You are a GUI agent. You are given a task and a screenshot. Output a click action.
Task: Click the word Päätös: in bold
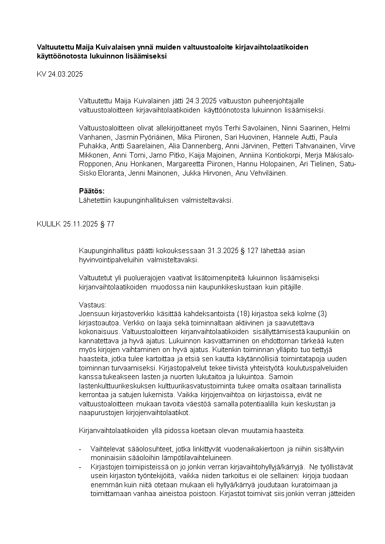[x=92, y=191]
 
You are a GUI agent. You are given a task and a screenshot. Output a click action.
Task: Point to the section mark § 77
[x=107, y=224]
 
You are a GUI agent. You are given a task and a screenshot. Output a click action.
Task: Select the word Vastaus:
[x=92, y=304]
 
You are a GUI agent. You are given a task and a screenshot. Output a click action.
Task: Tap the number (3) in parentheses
[x=300, y=314]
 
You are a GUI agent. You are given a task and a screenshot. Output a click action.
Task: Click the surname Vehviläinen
[x=270, y=173]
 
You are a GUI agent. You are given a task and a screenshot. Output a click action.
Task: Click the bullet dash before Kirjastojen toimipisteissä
[x=80, y=466]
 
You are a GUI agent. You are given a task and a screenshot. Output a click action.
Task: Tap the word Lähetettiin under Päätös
[x=96, y=199]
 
